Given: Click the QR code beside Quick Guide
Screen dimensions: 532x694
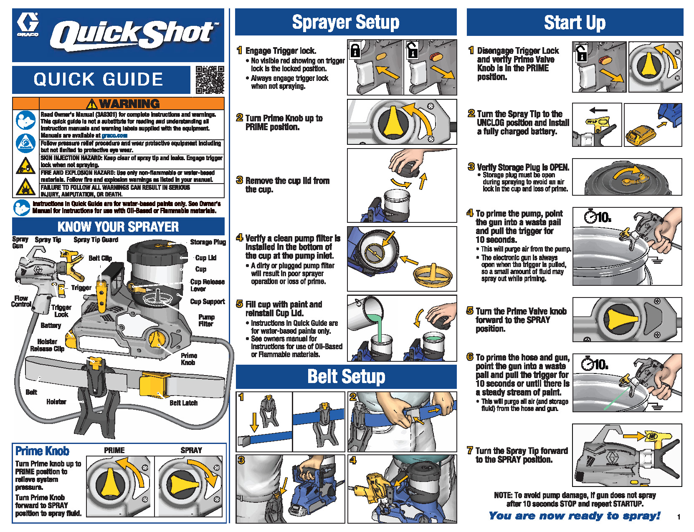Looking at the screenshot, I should click(x=210, y=79).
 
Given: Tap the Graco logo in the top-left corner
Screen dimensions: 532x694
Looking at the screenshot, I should click(x=28, y=25).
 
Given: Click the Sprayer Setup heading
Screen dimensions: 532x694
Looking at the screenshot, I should click(x=345, y=23).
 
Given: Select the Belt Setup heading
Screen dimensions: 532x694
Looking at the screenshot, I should click(x=346, y=376).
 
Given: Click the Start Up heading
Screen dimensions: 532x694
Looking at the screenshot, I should click(x=575, y=23).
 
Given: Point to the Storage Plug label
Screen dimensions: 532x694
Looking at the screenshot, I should click(x=208, y=242).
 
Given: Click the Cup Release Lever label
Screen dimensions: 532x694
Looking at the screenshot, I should click(x=207, y=285).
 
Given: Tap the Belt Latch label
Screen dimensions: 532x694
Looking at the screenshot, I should click(x=183, y=403).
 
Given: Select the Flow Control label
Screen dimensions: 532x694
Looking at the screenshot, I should click(x=21, y=301).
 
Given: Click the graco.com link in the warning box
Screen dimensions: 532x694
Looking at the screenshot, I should click(x=114, y=136).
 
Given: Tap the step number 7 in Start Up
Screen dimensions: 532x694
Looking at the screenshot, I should click(x=470, y=451).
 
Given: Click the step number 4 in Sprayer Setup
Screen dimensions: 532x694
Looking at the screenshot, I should click(x=239, y=238).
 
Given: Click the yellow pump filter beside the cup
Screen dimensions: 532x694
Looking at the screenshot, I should click(x=433, y=275).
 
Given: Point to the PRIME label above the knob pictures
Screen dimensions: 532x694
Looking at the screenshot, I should click(x=114, y=450).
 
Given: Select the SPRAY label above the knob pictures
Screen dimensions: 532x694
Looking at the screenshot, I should click(x=191, y=450).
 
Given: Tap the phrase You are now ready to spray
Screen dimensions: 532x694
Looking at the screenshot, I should click(x=575, y=516).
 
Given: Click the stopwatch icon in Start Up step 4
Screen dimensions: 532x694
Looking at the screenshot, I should click(x=590, y=217).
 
